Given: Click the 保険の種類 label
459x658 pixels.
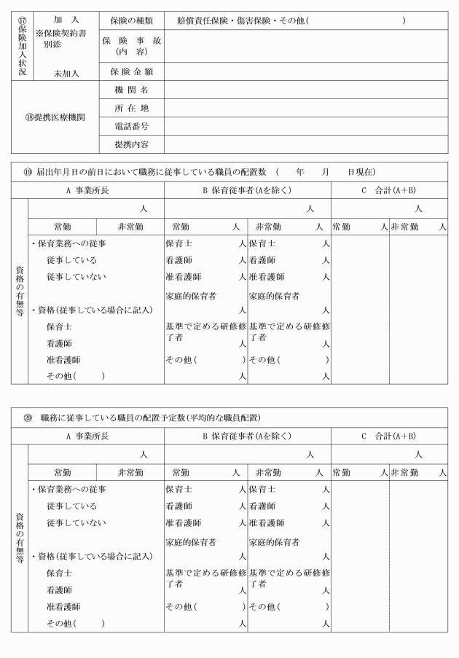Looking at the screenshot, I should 131,20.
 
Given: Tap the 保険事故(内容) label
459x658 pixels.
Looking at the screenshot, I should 131,46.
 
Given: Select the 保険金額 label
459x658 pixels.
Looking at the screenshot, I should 131,72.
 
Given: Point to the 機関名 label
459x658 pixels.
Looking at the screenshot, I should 131,90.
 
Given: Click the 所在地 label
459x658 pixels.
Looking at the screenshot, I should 131,109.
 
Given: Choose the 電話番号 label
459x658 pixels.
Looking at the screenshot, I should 131,127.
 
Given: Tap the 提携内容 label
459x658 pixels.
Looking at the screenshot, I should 131,145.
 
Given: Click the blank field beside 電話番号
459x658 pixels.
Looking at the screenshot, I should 306,127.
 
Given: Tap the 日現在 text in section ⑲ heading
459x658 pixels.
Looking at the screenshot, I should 360,172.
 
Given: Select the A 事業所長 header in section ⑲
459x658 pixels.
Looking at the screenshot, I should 87,191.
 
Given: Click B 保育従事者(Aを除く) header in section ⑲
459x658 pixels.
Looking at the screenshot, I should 247,191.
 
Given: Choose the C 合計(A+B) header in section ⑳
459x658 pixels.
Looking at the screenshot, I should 388,436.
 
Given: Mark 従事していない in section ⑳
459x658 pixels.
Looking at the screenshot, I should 76,522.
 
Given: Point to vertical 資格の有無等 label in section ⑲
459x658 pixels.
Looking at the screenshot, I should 19,289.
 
